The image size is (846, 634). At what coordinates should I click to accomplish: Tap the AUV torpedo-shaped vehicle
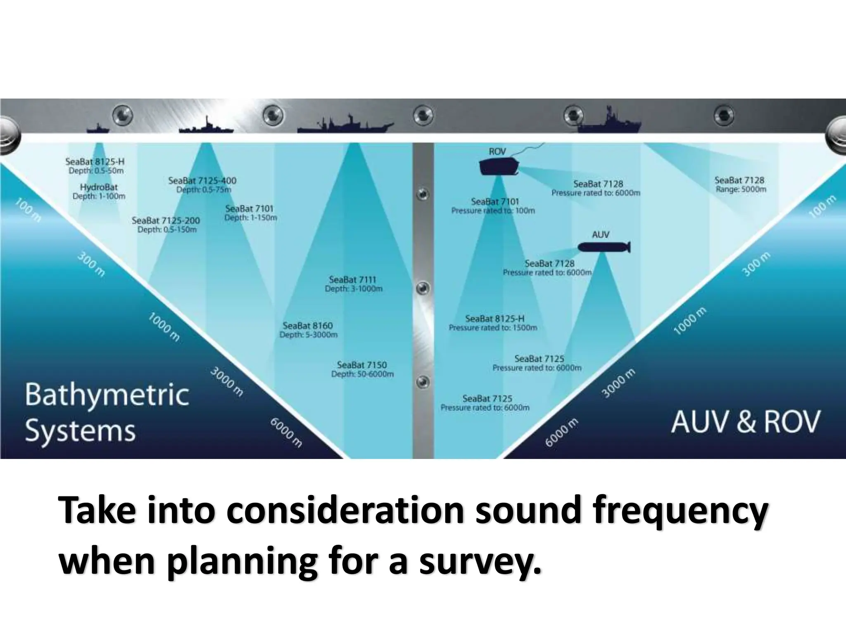604,247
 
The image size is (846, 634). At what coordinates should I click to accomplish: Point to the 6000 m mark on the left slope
286,433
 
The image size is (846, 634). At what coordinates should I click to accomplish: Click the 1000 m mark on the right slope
690,321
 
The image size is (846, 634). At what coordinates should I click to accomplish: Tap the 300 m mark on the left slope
91,265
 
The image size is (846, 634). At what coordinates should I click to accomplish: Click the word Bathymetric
107,395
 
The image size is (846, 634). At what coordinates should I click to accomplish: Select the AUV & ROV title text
745,422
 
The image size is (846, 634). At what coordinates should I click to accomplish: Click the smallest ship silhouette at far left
98,128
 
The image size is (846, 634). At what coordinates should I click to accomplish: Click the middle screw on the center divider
423,288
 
